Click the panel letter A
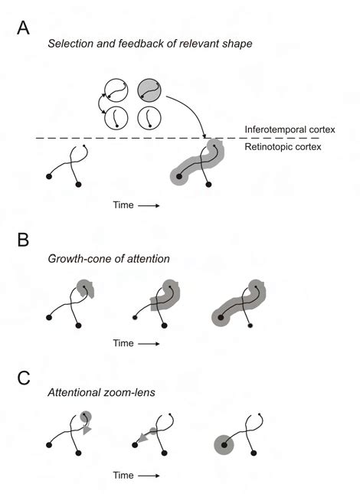tap(25, 28)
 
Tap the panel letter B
tap(25, 239)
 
